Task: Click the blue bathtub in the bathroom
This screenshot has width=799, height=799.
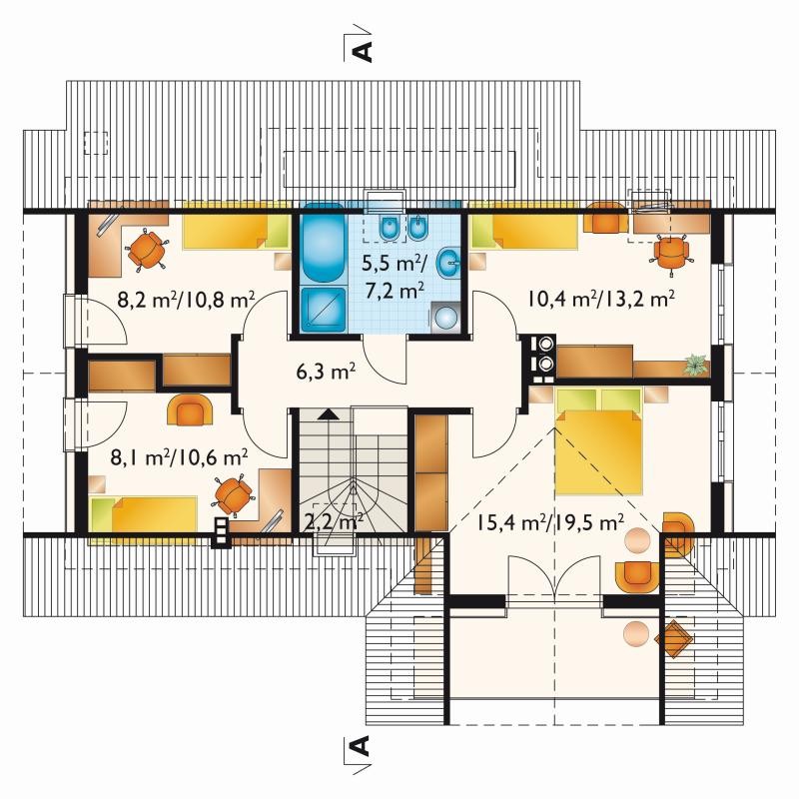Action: point(322,243)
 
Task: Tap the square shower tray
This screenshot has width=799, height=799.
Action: point(322,309)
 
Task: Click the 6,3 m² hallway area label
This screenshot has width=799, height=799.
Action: point(327,372)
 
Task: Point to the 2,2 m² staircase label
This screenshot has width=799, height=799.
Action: point(334,522)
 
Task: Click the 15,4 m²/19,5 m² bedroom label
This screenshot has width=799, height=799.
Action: point(551,522)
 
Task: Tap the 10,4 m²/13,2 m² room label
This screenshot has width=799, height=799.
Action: point(601,299)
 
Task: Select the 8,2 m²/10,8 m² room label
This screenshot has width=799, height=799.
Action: point(186,300)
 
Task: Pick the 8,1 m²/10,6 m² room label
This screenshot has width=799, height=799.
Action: point(180,457)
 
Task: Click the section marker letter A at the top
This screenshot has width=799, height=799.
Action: point(363,51)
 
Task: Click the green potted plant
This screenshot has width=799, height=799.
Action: point(696,365)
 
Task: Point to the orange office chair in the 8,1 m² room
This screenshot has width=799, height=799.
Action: point(233,495)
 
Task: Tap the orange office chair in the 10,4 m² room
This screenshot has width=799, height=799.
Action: point(671,254)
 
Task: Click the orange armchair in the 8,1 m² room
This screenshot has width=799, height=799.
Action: point(191,408)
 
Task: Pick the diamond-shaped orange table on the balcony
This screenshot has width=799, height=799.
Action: point(673,639)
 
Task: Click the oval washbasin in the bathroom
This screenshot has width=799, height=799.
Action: point(448,264)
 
